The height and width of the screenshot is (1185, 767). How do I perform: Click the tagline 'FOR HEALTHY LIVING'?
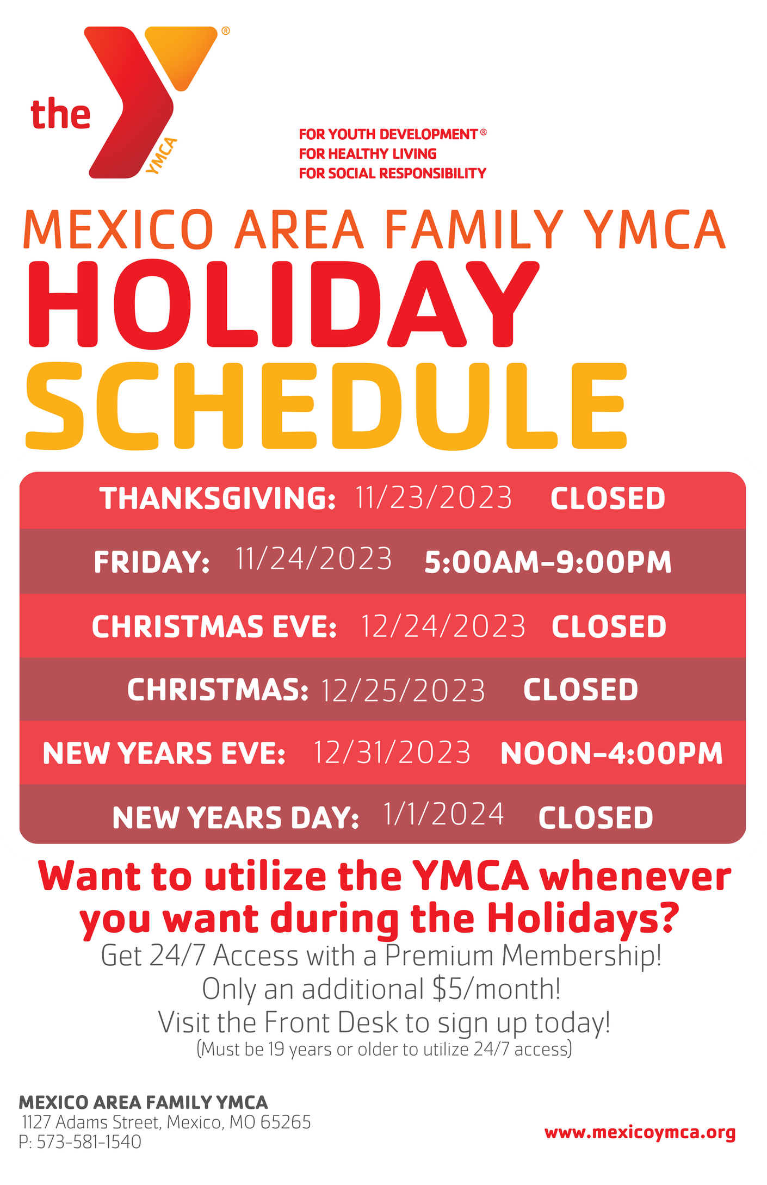point(367,154)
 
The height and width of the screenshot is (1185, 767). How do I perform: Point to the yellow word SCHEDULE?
point(326,406)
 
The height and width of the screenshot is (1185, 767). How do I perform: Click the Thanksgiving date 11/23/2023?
point(434,498)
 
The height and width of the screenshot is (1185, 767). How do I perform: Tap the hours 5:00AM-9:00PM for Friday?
point(548,562)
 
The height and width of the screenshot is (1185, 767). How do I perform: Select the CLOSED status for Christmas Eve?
point(609,626)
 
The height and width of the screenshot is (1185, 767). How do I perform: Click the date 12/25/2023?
point(403,691)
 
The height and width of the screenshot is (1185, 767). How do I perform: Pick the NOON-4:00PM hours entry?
point(611,754)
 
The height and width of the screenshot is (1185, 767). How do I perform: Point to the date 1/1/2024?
point(444,815)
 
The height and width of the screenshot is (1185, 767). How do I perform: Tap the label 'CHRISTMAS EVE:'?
point(214,626)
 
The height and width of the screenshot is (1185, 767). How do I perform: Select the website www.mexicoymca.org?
point(640,1132)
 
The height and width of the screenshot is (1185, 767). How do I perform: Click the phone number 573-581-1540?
point(89,1141)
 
